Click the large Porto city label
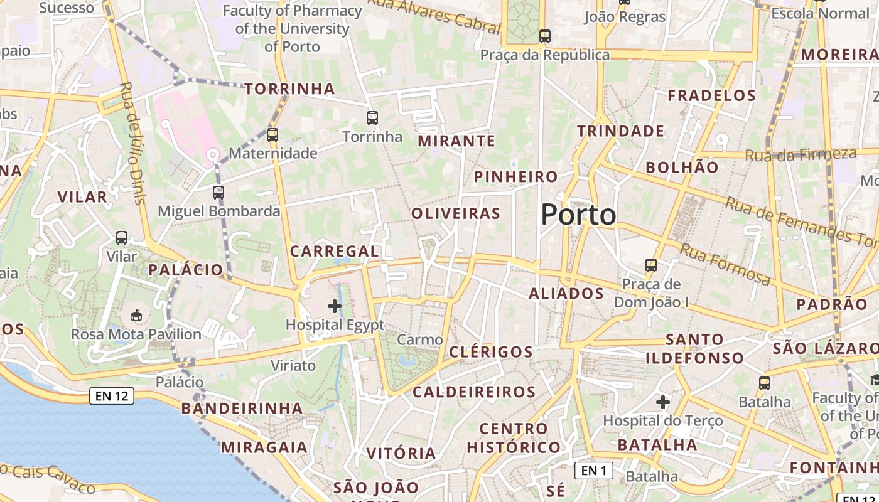(578, 215)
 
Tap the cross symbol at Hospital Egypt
(335, 306)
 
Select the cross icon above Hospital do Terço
(663, 402)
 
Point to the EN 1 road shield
(594, 470)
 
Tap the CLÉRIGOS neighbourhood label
(491, 351)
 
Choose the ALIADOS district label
(566, 293)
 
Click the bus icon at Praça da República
(545, 36)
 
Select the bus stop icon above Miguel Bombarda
(218, 193)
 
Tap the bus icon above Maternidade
(272, 134)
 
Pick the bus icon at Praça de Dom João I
(651, 265)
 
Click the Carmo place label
(420, 339)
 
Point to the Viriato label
(293, 365)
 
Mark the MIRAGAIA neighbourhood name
(264, 447)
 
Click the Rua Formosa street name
(725, 264)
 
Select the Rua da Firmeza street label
(801, 154)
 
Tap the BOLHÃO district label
(682, 168)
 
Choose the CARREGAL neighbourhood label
(334, 252)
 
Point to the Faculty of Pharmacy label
(293, 29)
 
